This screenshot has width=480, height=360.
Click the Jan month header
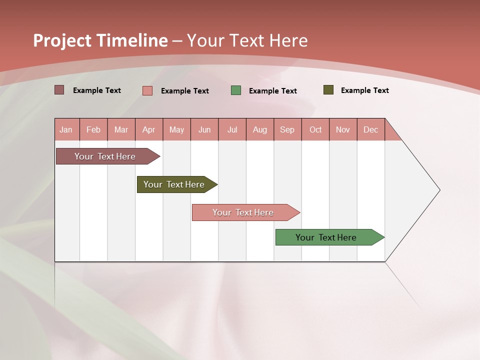click(x=66, y=129)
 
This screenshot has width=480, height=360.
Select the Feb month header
click(x=93, y=129)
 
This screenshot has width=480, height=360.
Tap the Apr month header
click(x=149, y=129)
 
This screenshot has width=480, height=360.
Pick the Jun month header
click(x=204, y=129)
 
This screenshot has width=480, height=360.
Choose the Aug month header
click(x=260, y=129)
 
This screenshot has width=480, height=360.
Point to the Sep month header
click(x=287, y=129)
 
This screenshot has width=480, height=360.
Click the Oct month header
click(x=315, y=129)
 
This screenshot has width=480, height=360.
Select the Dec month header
click(x=371, y=129)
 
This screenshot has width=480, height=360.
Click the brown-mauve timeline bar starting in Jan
click(x=105, y=156)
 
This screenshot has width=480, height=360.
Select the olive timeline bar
click(x=174, y=184)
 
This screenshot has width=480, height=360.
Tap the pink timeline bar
click(x=243, y=212)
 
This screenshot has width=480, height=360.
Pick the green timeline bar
click(x=326, y=237)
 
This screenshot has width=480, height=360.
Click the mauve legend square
click(x=59, y=90)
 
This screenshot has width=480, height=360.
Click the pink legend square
click(x=147, y=90)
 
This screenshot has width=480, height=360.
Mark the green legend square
click(x=236, y=90)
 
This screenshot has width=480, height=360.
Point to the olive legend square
click(x=328, y=90)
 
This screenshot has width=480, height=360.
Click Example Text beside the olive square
click(x=364, y=90)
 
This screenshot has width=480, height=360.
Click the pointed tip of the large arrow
click(x=438, y=190)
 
